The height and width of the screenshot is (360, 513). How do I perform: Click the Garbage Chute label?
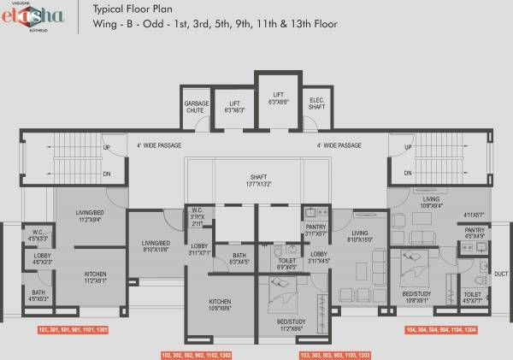tap(197, 107)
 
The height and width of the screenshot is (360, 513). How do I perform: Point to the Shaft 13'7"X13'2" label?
tap(258, 180)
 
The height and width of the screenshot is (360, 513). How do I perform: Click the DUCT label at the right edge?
tap(501, 275)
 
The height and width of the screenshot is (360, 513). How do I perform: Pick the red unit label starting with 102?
tap(195, 354)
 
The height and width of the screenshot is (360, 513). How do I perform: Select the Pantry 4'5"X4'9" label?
tap(475, 233)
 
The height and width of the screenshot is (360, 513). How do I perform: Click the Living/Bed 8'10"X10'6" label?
tap(156, 247)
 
